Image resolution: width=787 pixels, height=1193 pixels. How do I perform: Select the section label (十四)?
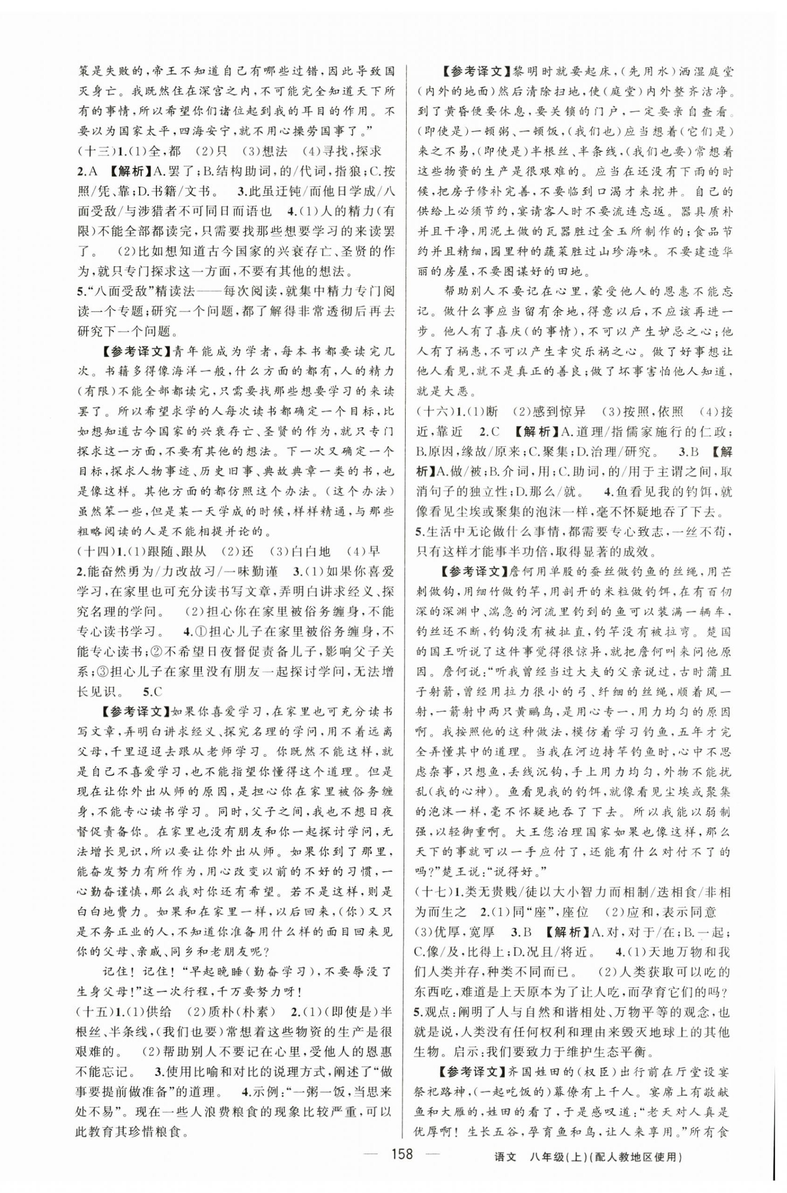coord(91,551)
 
